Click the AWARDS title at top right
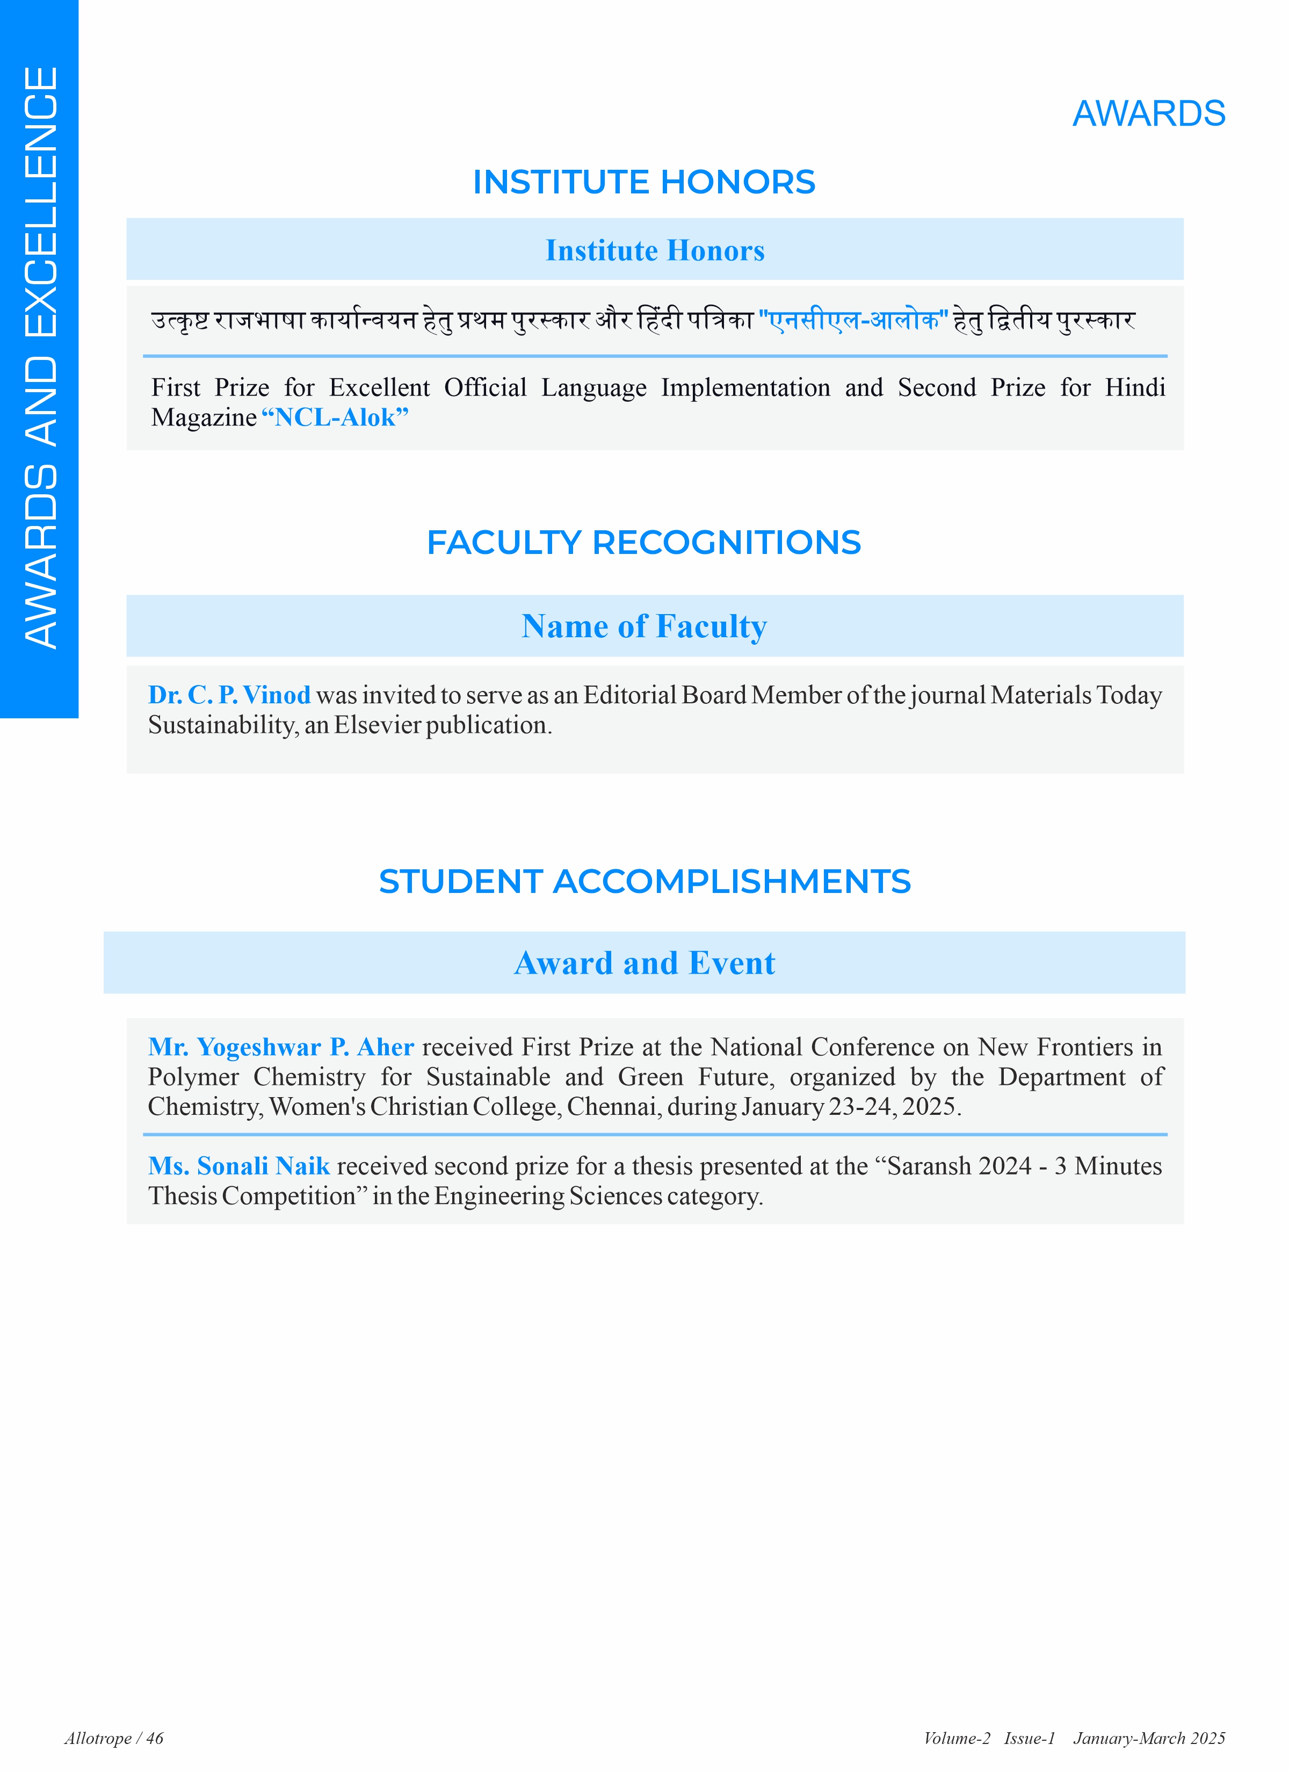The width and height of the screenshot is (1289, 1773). pos(1148,114)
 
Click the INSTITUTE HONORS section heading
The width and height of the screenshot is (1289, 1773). pos(643,182)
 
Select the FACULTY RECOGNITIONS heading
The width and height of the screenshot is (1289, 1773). pos(643,543)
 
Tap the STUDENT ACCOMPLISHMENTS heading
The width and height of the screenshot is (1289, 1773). pos(644,882)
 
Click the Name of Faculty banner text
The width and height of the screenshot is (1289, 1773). pos(644,627)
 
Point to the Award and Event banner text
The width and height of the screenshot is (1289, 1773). pos(644,963)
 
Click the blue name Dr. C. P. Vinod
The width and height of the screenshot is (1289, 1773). pos(229,695)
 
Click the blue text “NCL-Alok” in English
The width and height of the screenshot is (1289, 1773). pos(335,417)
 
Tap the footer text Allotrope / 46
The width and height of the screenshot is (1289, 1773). pos(114,1738)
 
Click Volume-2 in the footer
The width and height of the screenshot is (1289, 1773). pos(956,1738)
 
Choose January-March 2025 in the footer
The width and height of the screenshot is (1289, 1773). pos(1148,1738)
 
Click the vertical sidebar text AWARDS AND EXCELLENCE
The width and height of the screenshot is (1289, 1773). pos(41,357)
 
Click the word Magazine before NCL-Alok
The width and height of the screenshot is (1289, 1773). pos(203,417)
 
